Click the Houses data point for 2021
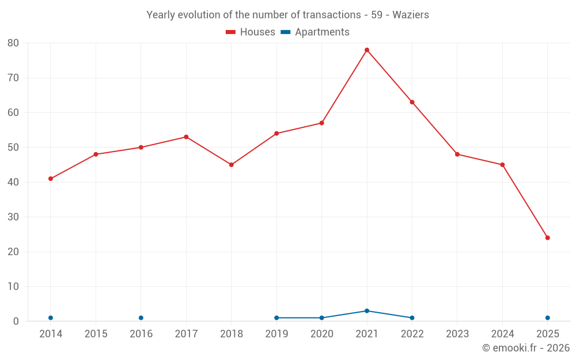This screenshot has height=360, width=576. point(367,50)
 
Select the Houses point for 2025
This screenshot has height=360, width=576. point(548,238)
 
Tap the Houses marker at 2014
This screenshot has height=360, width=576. point(51,179)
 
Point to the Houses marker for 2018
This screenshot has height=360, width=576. point(232,165)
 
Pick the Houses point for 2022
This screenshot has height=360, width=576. point(412,102)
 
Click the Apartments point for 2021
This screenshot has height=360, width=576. point(367,311)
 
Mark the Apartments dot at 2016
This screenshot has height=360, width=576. point(141,318)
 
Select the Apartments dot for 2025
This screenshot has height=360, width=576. point(548,318)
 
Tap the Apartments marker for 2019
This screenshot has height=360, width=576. point(276,318)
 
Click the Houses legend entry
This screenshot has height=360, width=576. point(251,32)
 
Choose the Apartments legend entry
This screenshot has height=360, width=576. point(315,32)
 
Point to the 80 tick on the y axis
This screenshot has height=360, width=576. point(13,43)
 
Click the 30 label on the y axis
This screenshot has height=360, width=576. point(13,217)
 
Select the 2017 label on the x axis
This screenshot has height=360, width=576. point(186,334)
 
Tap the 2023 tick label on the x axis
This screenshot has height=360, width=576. point(457,334)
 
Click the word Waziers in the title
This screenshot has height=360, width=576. point(411,15)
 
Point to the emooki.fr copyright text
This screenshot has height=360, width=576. point(526,348)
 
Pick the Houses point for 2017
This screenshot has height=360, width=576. point(186,137)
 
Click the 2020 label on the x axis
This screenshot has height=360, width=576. point(322,334)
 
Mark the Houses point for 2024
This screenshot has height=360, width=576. point(502,165)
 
